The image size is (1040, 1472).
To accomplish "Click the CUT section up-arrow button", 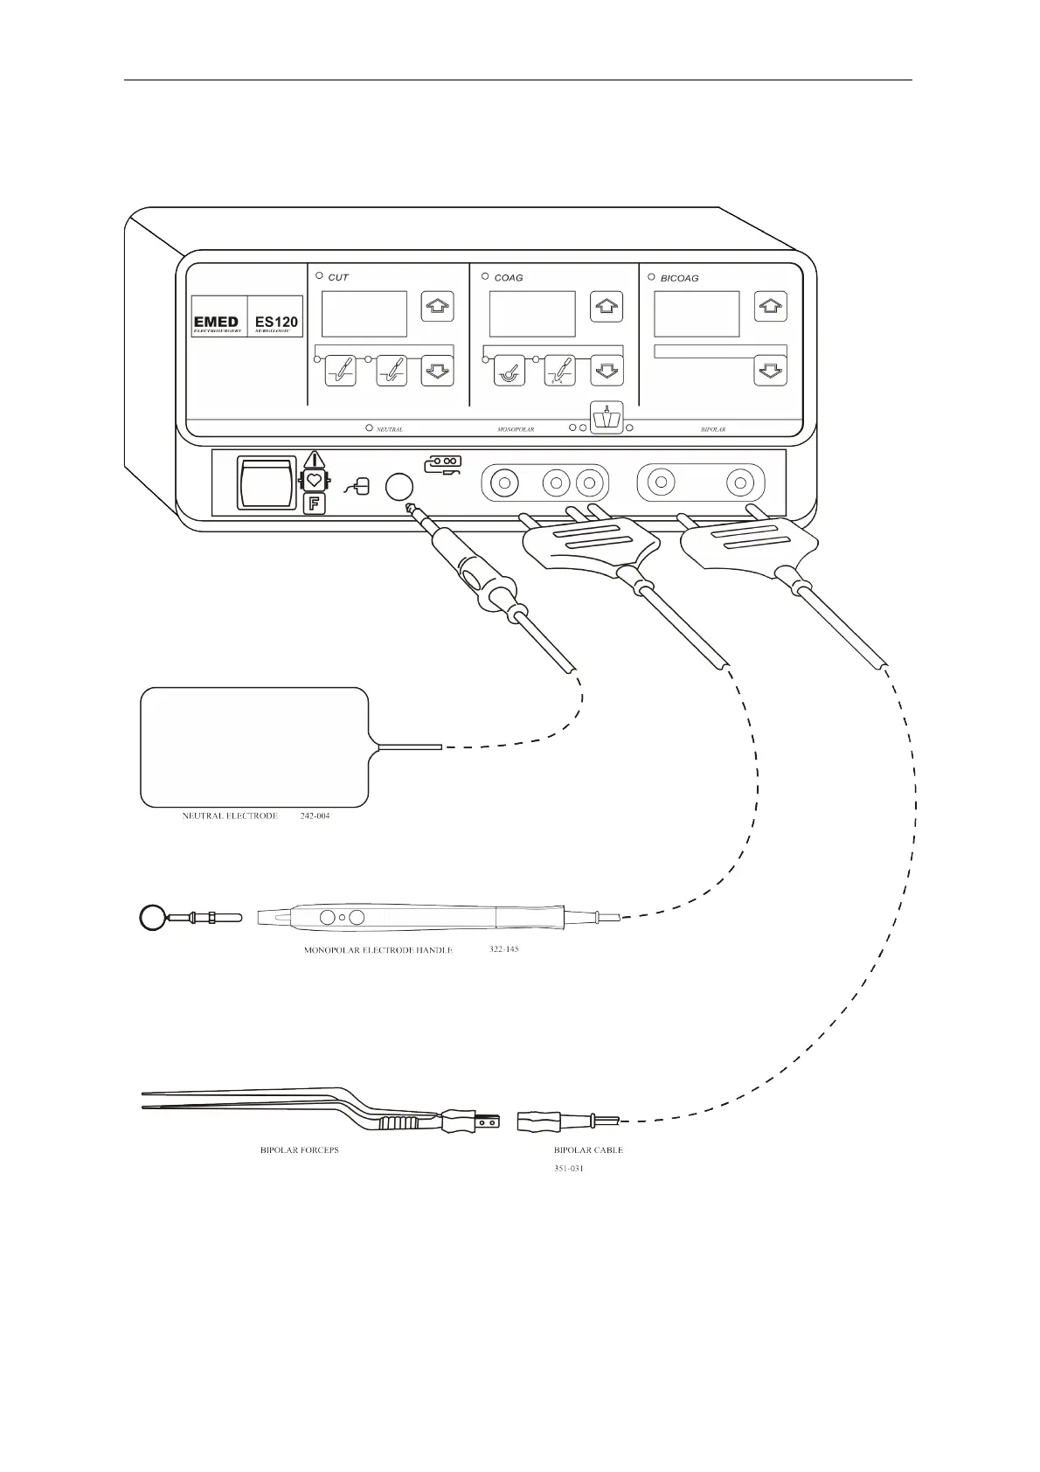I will (437, 307).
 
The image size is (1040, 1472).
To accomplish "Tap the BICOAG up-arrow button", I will (770, 307).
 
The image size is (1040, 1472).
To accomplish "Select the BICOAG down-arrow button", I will (770, 371).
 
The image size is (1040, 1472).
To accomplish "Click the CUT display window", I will (364, 314).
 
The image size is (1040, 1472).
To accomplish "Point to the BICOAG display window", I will (697, 314).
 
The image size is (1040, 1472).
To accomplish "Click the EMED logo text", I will (216, 323).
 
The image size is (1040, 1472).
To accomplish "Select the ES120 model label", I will (276, 323).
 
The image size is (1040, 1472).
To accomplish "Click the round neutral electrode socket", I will (400, 487).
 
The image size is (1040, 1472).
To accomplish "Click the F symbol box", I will (314, 503).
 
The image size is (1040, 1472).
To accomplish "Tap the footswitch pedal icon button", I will (607, 418).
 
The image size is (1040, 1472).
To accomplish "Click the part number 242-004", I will (315, 816).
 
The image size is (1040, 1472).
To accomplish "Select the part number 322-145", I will (503, 948).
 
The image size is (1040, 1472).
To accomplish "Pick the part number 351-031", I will (569, 1169).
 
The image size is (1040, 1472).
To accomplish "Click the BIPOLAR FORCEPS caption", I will (300, 1150).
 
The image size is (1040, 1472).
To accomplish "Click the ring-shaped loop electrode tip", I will (153, 918).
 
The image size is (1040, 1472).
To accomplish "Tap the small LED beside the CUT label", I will (319, 276).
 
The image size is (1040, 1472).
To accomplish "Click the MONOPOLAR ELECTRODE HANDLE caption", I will (378, 950).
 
